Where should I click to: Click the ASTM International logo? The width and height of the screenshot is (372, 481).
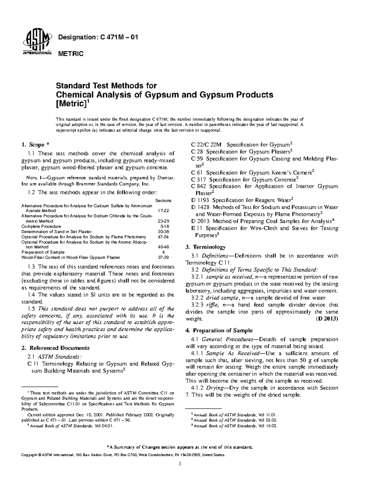(x=37, y=43)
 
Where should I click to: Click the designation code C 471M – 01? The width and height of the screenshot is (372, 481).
(x=98, y=37)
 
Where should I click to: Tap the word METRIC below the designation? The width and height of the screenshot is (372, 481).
(x=71, y=54)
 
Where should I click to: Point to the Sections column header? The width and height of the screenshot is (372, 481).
(x=163, y=201)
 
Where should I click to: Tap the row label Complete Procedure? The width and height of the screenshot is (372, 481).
(x=41, y=226)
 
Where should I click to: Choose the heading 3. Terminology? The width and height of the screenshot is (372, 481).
(x=205, y=247)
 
